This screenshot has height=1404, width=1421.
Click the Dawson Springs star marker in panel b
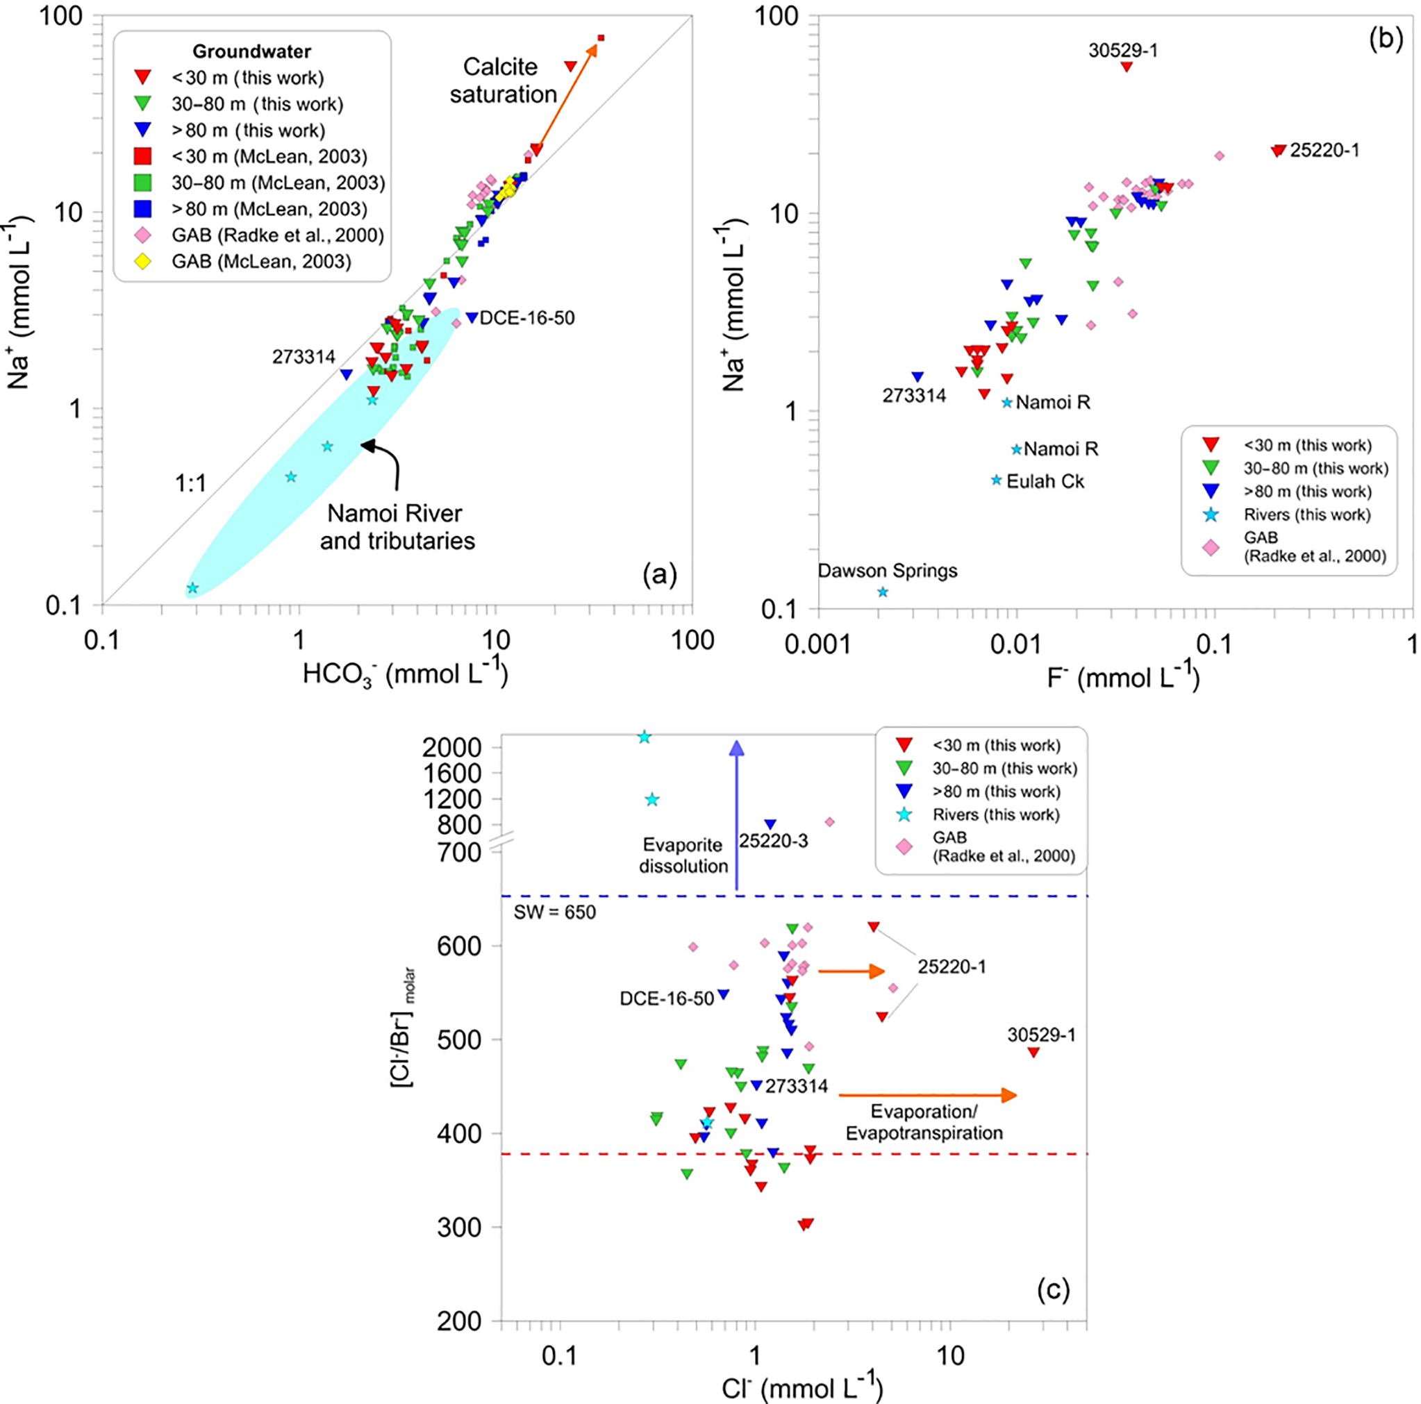(883, 592)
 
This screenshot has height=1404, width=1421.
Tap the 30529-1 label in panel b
(1123, 50)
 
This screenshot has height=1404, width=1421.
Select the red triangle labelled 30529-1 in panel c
(1033, 1053)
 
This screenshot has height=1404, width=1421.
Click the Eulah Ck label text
(1045, 482)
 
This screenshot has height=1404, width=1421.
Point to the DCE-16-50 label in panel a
(526, 319)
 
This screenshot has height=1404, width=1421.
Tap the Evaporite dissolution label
(683, 855)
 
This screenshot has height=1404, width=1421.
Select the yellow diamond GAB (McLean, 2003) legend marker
(142, 261)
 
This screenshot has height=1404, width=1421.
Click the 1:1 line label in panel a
(190, 483)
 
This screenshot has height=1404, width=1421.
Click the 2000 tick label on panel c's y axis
(451, 747)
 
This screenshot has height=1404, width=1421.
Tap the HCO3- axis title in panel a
(404, 672)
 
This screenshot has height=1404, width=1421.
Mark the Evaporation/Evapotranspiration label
(924, 1122)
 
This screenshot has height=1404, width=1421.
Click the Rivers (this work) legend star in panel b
(1211, 515)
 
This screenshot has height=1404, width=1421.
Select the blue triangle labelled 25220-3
(770, 824)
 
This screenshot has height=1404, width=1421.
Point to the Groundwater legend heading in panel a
(251, 51)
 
